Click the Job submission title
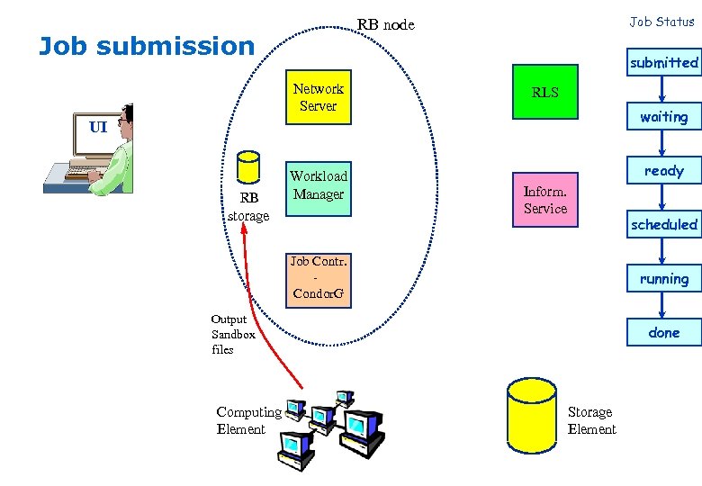tap(147, 46)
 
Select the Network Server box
tap(318, 97)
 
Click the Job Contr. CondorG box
tap(318, 278)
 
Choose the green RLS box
tap(544, 92)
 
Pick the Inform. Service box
tap(544, 200)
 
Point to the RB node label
tap(386, 24)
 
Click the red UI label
tap(98, 127)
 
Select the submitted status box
tap(663, 62)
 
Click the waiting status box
tap(663, 116)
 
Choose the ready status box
tap(663, 170)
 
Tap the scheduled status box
tap(663, 224)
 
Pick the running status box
tap(663, 278)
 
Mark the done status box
tap(663, 332)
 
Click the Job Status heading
tap(661, 22)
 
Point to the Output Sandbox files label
tap(233, 334)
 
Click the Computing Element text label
tap(248, 420)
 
